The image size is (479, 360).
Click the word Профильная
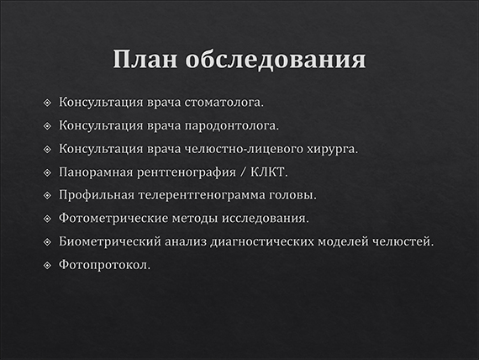[95, 196]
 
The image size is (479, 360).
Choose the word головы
[294, 196]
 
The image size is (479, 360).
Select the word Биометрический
[107, 242]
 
